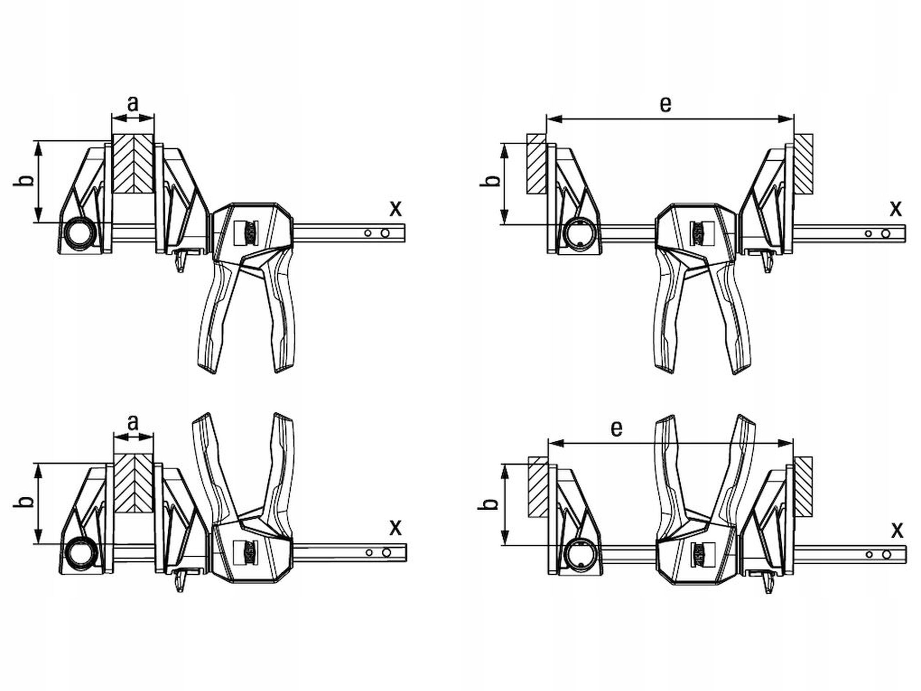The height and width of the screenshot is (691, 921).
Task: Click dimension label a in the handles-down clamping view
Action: pos(132,104)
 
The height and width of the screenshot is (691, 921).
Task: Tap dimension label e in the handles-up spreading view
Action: pos(617,429)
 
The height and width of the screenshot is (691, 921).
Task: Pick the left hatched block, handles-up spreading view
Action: pos(537,487)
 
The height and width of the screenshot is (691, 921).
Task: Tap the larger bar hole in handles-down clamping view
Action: pos(385,232)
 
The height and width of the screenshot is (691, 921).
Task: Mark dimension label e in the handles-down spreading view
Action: pos(666,104)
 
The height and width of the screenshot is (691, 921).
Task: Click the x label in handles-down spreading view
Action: pos(895,209)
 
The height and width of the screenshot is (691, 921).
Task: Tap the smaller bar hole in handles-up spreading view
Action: pos(869,555)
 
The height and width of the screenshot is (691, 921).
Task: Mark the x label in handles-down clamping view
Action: pos(395,208)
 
